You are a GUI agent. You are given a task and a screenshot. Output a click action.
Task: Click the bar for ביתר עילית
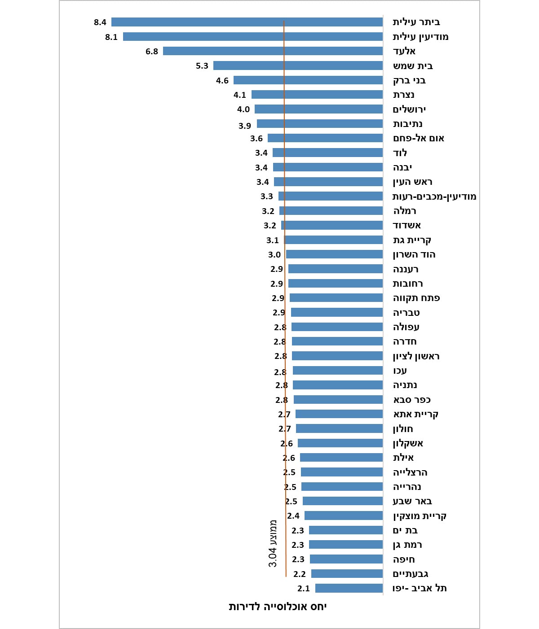pos(247,22)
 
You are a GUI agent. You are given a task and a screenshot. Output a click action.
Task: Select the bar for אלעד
pos(273,51)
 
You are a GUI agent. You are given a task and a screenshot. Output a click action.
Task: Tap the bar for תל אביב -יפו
pos(349,588)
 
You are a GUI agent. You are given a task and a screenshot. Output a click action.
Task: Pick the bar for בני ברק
pos(308,80)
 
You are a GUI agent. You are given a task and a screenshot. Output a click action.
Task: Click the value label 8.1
pos(111,37)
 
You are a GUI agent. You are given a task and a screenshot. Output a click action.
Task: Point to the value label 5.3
pos(202,66)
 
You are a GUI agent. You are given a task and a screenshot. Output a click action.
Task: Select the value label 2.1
pos(304,588)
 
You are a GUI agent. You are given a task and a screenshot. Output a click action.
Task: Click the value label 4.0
pos(243,109)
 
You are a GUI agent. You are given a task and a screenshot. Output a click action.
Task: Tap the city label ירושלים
pos(409,109)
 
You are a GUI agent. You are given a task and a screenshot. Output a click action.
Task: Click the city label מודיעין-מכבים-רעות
pos(434,197)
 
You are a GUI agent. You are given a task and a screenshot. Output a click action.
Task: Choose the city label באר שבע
pos(412,501)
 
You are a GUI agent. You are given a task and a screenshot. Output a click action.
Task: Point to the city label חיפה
pos(404,559)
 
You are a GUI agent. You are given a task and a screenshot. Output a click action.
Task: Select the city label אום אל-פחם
pos(419,138)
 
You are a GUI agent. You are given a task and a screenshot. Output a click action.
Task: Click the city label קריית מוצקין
pos(420,516)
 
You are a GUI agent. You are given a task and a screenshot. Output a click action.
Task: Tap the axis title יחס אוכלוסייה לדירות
pos(278,607)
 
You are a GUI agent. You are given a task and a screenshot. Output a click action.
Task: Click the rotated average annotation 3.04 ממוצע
pos(273,543)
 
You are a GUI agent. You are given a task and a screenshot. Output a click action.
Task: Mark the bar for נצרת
pos(317,95)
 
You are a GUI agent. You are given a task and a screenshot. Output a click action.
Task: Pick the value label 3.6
pos(256,138)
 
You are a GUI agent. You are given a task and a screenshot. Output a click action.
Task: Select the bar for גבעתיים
pos(347,574)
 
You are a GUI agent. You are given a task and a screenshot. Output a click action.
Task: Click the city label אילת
pos(403,458)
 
